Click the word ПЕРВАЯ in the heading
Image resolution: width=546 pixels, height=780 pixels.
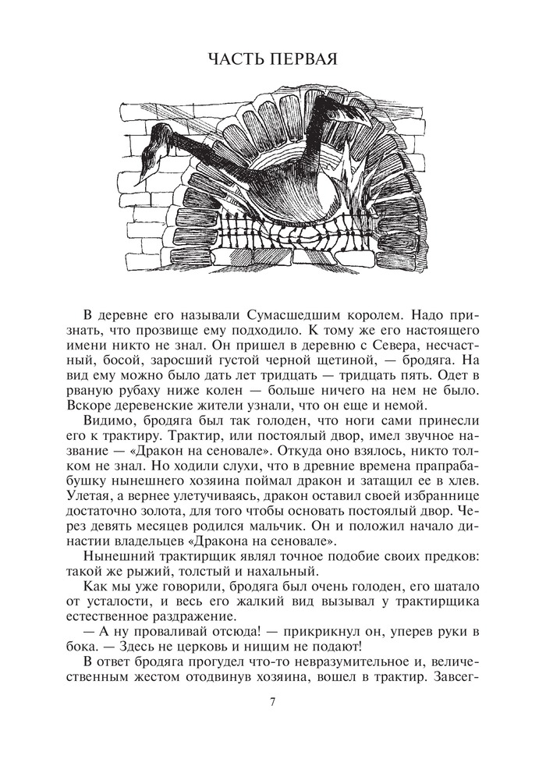305,59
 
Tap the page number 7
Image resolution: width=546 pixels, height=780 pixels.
272,701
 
